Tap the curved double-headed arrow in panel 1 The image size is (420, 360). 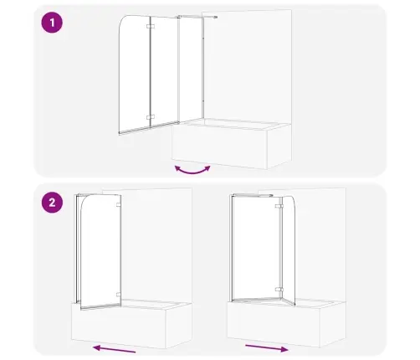pos(192,170)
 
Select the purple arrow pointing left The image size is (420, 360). pos(113,347)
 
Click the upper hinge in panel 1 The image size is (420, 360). pos(149,28)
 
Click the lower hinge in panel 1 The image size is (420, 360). pos(149,116)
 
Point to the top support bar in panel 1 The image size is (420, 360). pos(198,16)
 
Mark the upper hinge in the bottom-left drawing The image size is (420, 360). pos(120,204)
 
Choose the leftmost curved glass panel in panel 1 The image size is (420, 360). pos(134,75)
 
